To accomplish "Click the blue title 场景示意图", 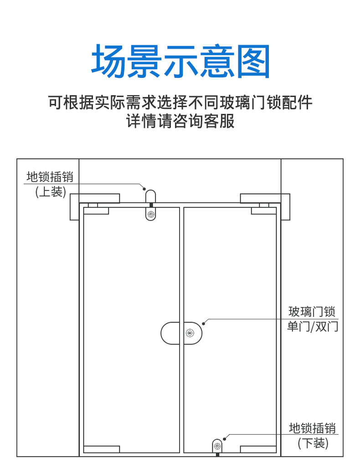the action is (181, 61).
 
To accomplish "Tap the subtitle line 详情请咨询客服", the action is (180, 122).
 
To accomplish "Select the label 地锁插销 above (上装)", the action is (50, 176).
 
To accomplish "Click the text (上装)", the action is (50, 192).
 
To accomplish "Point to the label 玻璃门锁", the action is (312, 312).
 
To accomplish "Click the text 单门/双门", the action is (312, 327).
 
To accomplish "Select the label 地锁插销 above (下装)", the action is (313, 428).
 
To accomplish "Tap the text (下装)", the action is (313, 443).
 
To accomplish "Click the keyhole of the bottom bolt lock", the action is (217, 446).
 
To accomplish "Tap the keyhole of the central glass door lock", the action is (191, 333).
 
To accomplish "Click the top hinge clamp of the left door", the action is (96, 210).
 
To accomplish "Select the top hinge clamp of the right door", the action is (264, 210).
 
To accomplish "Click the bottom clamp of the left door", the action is (102, 449).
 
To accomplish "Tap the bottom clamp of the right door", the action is (258, 449).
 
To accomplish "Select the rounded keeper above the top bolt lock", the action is (150, 196).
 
